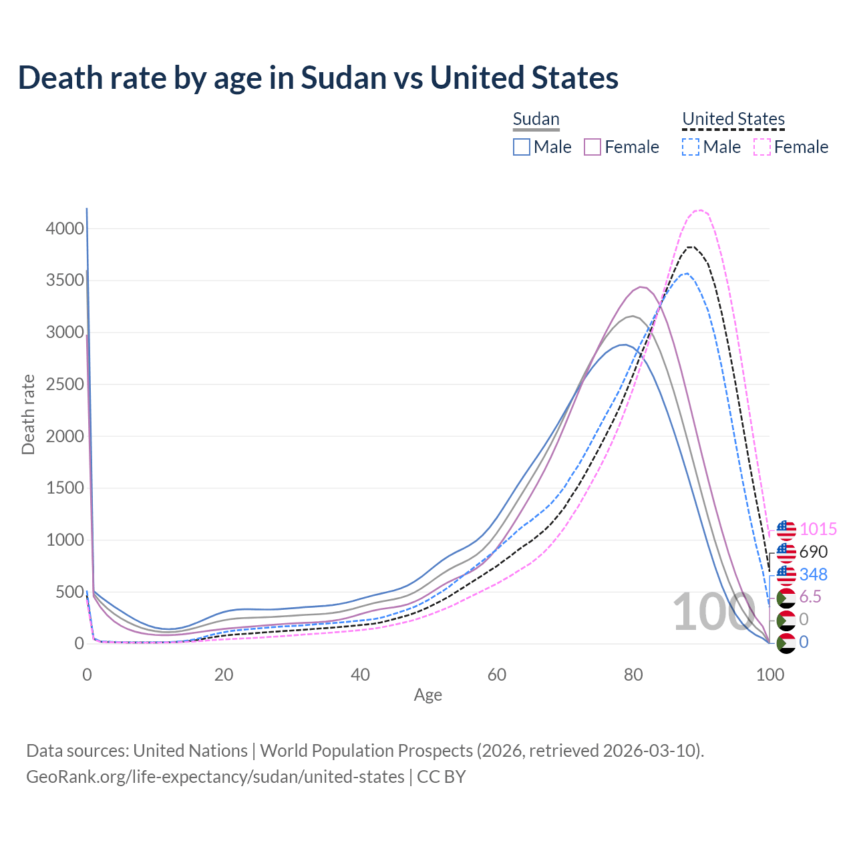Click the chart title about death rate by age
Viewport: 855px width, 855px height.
click(x=318, y=77)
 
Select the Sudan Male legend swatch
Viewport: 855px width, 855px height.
click(x=522, y=147)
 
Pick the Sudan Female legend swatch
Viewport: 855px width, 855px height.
click(x=593, y=147)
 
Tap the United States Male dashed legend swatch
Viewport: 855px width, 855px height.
click(x=691, y=147)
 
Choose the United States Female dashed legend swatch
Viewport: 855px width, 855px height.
click(x=762, y=147)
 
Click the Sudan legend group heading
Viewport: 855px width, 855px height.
click(x=536, y=120)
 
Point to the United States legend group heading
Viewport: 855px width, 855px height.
click(x=733, y=119)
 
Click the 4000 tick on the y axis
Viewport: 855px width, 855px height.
click(x=65, y=229)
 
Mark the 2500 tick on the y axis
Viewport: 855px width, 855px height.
click(x=65, y=385)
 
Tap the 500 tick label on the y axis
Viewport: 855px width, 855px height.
click(x=69, y=592)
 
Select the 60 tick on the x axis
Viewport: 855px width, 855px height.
click(x=497, y=675)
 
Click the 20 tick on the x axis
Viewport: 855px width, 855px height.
click(x=224, y=675)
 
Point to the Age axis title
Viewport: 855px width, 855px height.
click(x=427, y=695)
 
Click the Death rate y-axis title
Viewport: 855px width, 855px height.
click(x=28, y=414)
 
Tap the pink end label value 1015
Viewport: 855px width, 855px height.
click(x=818, y=530)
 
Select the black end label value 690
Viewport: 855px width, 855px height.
click(x=813, y=552)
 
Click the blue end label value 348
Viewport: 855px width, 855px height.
click(x=813, y=574)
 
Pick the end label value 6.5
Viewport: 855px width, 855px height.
click(x=810, y=597)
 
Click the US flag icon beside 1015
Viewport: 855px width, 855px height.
click(x=786, y=530)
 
